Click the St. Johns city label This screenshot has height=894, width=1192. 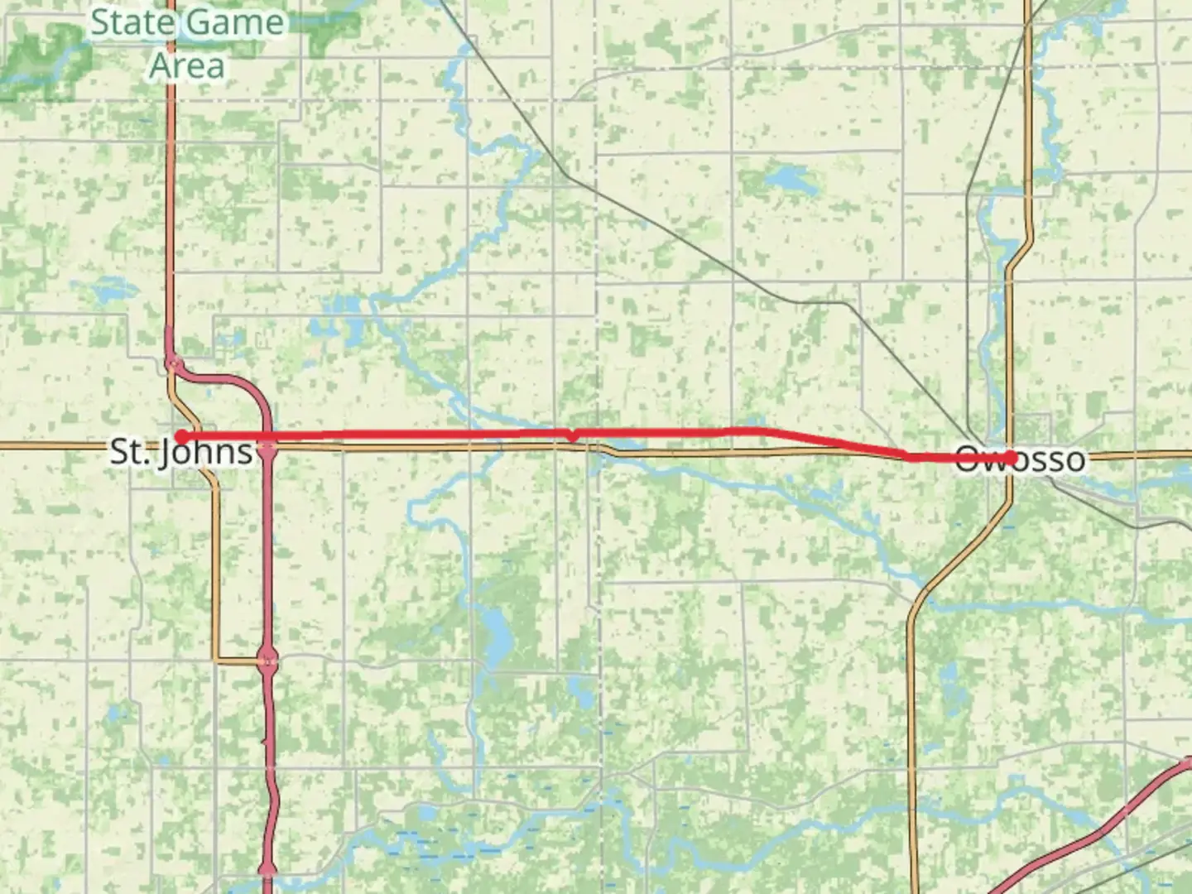tap(181, 453)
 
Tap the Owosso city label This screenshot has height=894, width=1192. tap(1020, 459)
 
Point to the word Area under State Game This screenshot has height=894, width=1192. tap(187, 66)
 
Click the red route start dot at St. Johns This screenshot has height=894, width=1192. tap(180, 436)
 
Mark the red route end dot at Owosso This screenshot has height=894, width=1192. tap(1011, 457)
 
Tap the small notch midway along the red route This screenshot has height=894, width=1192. tap(571, 435)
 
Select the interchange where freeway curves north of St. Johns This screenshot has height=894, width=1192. tap(173, 363)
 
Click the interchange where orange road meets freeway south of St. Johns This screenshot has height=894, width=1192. tap(267, 660)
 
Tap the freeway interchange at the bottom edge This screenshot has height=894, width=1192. tap(267, 869)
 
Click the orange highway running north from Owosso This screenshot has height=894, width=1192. tap(1029, 124)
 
